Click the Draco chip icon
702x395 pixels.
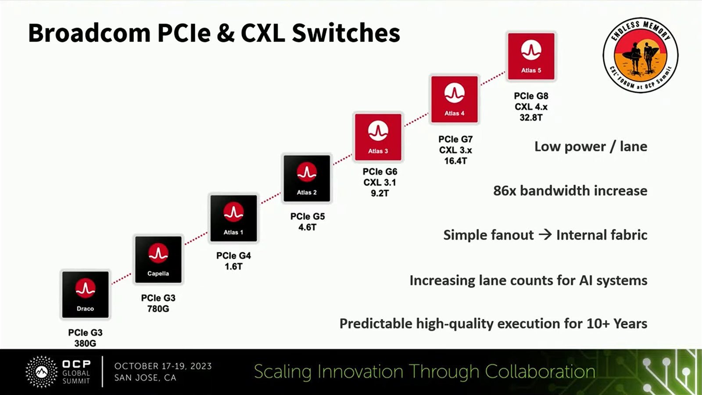[x=85, y=294]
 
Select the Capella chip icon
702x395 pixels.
[x=158, y=259]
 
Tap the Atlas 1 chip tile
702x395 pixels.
[x=233, y=218]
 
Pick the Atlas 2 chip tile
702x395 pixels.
[x=307, y=178]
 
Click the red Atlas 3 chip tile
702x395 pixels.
[x=378, y=137]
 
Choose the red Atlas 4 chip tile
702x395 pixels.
[x=455, y=99]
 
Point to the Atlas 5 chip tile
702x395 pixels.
[x=531, y=57]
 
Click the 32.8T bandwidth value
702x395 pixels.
[x=531, y=118]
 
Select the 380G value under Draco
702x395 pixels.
[x=85, y=344]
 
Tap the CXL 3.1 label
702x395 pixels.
[x=380, y=183]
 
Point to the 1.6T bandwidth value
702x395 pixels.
[x=233, y=266]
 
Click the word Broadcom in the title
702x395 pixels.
[x=90, y=33]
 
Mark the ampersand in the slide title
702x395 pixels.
[x=226, y=33]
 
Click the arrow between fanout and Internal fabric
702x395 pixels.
[x=545, y=234]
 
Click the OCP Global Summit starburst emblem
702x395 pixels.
[x=41, y=372]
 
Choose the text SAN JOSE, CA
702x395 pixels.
[x=145, y=378]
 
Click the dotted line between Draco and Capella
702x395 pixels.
[x=122, y=279]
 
